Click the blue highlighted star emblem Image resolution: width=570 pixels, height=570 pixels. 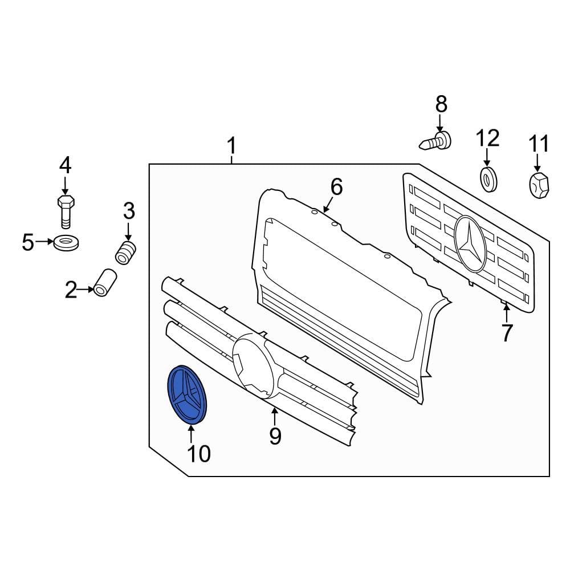coord(187,395)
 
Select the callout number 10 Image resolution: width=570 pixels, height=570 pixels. coord(199,454)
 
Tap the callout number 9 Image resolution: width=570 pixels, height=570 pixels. coord(275,436)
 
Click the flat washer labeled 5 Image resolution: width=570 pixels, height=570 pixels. coord(67,243)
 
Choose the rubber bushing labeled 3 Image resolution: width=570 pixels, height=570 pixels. coord(127,252)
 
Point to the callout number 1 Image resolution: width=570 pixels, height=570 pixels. coord(231,146)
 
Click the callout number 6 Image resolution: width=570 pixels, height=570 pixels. coord(336,186)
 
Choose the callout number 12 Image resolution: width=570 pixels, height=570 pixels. coord(487,137)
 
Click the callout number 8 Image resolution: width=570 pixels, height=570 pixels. coord(441,104)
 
